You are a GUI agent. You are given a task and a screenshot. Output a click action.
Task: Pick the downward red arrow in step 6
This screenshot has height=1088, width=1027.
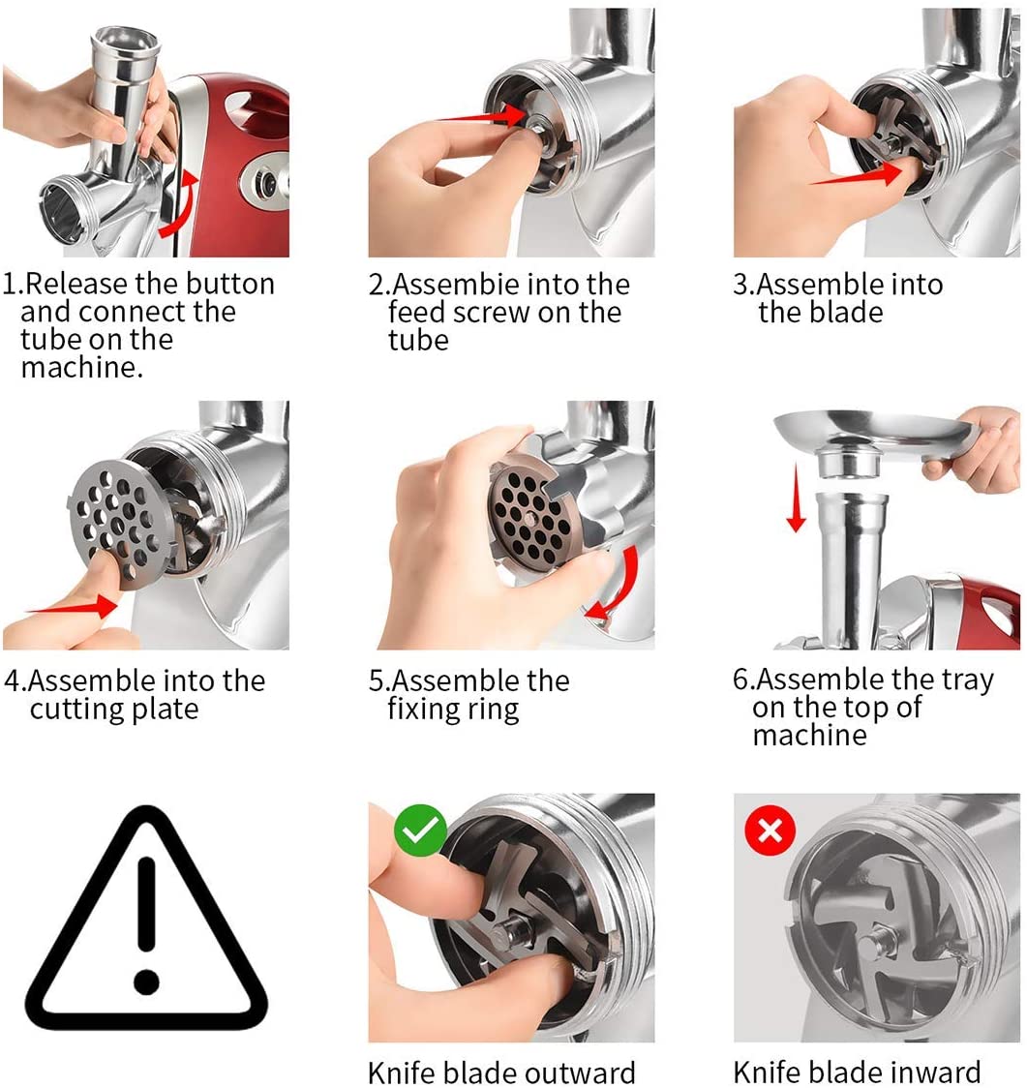point(796,497)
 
